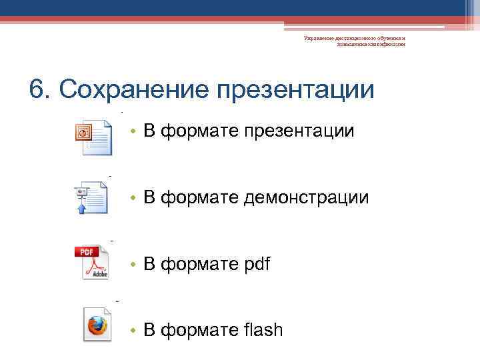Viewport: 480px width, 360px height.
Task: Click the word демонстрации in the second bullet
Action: click(x=306, y=197)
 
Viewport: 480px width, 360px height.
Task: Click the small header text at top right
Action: click(x=354, y=42)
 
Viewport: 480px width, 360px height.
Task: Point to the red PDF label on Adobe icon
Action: click(x=87, y=252)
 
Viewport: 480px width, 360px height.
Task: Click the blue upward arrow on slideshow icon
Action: click(x=83, y=207)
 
